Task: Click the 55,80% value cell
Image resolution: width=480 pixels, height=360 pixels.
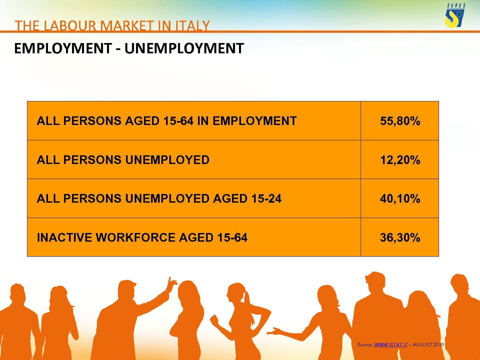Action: (400, 121)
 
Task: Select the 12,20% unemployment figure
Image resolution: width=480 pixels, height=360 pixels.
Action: (400, 160)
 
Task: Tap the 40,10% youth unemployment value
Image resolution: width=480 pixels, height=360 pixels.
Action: (400, 199)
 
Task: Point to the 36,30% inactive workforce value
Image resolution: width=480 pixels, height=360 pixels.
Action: (400, 238)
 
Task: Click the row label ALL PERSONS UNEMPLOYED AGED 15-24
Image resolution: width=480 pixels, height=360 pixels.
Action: (159, 199)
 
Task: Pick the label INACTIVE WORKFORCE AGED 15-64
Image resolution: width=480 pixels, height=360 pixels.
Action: (142, 238)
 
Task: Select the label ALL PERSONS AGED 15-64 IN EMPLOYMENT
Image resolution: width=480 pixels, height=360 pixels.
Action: (167, 121)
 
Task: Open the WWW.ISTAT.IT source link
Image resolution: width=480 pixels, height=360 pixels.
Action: (391, 345)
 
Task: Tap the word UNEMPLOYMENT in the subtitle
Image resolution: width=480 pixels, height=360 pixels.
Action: (184, 49)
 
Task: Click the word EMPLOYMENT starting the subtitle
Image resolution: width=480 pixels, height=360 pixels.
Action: (63, 49)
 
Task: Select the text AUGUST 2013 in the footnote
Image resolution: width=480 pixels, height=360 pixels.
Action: (428, 345)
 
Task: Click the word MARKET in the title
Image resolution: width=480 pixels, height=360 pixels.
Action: (127, 26)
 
